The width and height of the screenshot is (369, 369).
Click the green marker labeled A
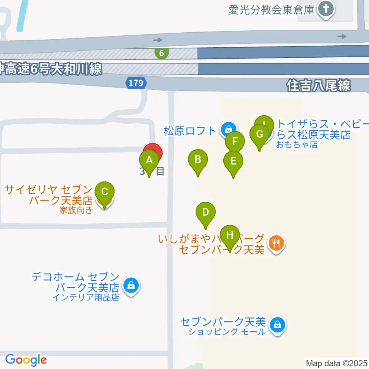click(149, 160)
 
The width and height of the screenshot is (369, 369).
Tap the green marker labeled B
click(198, 160)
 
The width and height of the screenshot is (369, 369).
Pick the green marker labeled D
click(206, 212)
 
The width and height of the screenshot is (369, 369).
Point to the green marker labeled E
click(233, 161)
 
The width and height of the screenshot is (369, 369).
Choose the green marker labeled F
click(235, 141)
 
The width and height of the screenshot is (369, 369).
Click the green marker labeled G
click(259, 135)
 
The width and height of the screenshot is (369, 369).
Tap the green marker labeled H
click(229, 235)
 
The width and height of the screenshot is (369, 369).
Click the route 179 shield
click(136, 82)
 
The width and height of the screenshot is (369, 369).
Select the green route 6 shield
click(162, 53)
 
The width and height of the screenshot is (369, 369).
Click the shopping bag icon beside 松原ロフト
click(228, 130)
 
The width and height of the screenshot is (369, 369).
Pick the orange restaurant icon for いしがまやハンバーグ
click(276, 243)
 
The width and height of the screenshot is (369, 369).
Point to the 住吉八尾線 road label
click(319, 85)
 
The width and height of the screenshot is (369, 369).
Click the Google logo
click(25, 360)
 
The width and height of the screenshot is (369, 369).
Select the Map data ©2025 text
click(336, 363)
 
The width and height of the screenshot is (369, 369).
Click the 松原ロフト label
click(190, 131)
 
